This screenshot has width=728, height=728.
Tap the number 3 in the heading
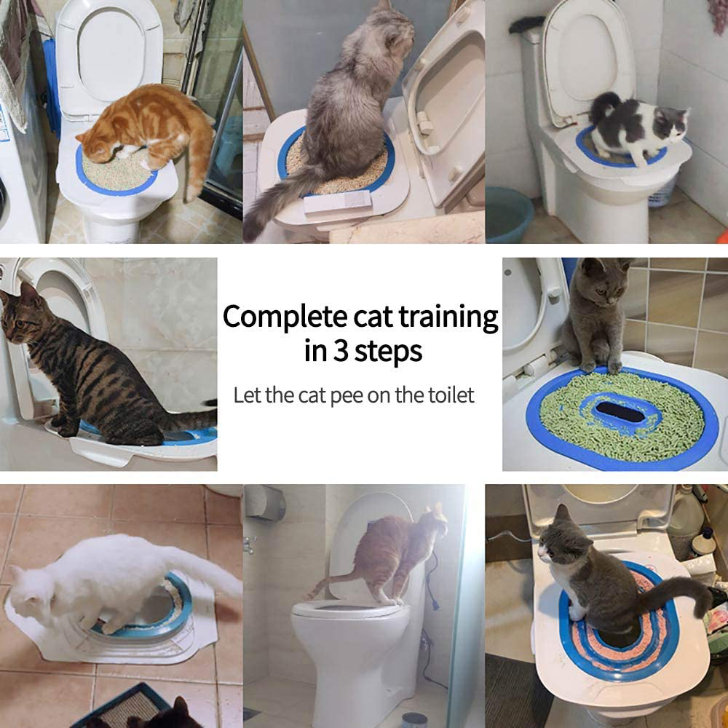[339, 350]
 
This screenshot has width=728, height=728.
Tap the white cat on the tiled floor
[109, 582]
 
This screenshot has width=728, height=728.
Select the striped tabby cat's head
[22, 317]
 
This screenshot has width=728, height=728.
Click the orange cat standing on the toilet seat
[393, 553]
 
